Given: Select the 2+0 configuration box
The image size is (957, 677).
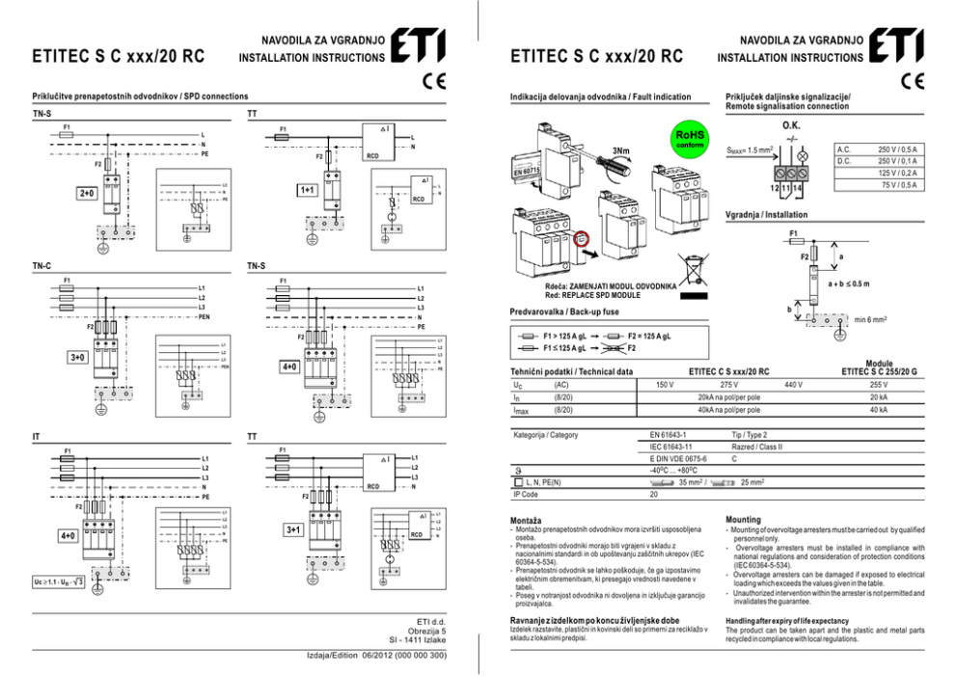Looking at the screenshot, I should (x=87, y=194).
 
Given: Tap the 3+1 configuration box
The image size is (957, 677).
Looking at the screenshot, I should (x=295, y=529).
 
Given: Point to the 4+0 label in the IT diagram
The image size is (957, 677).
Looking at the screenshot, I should (x=68, y=535).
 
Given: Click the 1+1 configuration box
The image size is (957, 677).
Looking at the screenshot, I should (x=307, y=190).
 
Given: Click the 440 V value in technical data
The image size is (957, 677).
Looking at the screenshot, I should (x=793, y=385).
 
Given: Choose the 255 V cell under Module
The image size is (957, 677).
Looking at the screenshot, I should (x=879, y=385).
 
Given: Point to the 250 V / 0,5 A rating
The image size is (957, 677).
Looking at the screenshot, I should (x=896, y=149).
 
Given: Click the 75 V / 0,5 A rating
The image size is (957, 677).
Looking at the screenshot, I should (x=898, y=184).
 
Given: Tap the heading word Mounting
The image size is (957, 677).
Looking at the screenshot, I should (x=743, y=519).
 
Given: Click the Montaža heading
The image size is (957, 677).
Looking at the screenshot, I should (x=527, y=520).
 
